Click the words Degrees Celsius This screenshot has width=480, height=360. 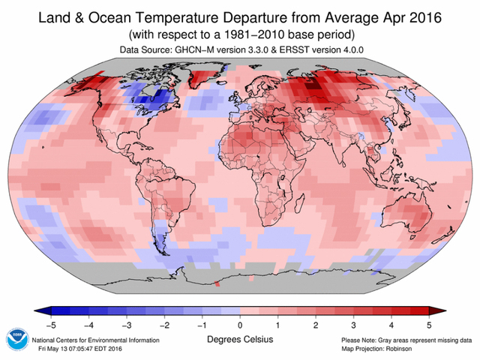pyautogui.click(x=240, y=340)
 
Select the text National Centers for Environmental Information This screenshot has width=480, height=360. pyautogui.click(x=95, y=340)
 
